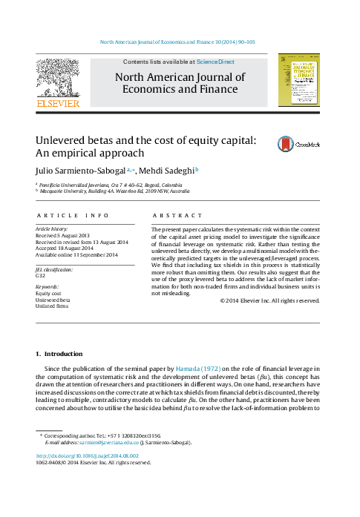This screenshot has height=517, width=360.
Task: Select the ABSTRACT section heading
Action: click(177, 215)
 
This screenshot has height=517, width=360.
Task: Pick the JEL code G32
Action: click(41, 274)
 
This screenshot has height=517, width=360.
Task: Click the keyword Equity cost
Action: click(48, 293)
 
